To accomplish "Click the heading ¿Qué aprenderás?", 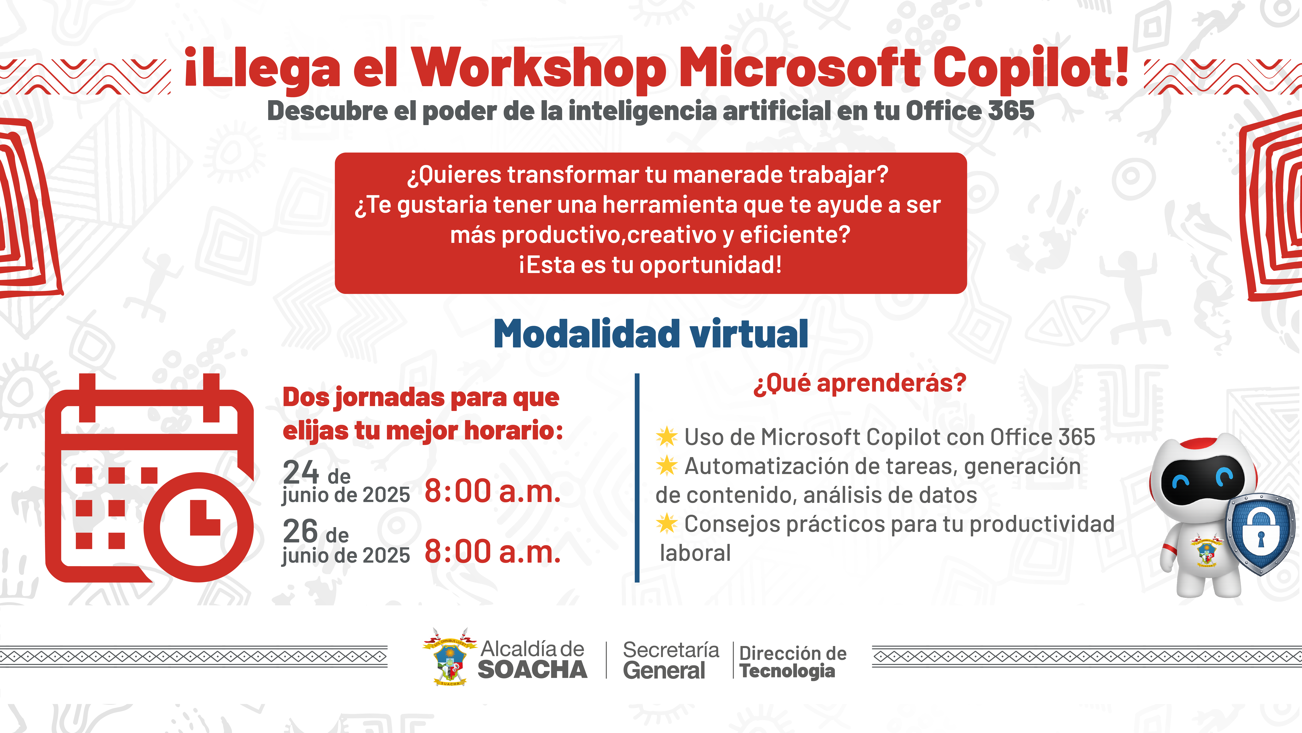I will pos(859,383).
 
